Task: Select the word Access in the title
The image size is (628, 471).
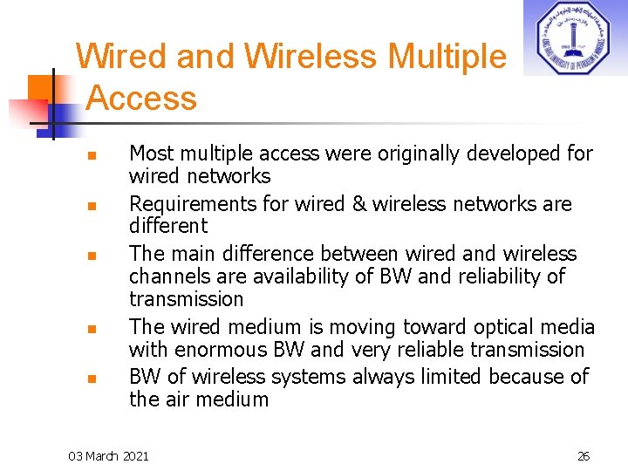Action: click(141, 98)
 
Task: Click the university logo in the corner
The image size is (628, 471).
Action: click(574, 38)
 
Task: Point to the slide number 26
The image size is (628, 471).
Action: click(584, 456)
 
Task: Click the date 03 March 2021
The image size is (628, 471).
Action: click(109, 456)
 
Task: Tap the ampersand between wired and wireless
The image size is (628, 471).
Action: click(344, 204)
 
